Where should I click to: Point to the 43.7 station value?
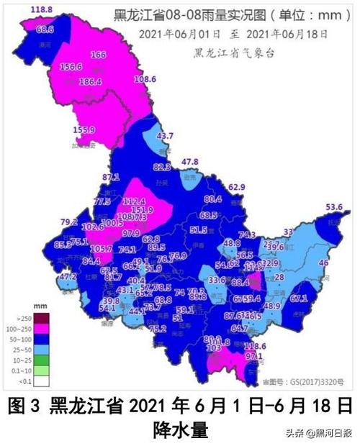[166, 136]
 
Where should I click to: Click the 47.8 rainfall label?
[189, 161]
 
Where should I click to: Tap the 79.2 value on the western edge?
[69, 222]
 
